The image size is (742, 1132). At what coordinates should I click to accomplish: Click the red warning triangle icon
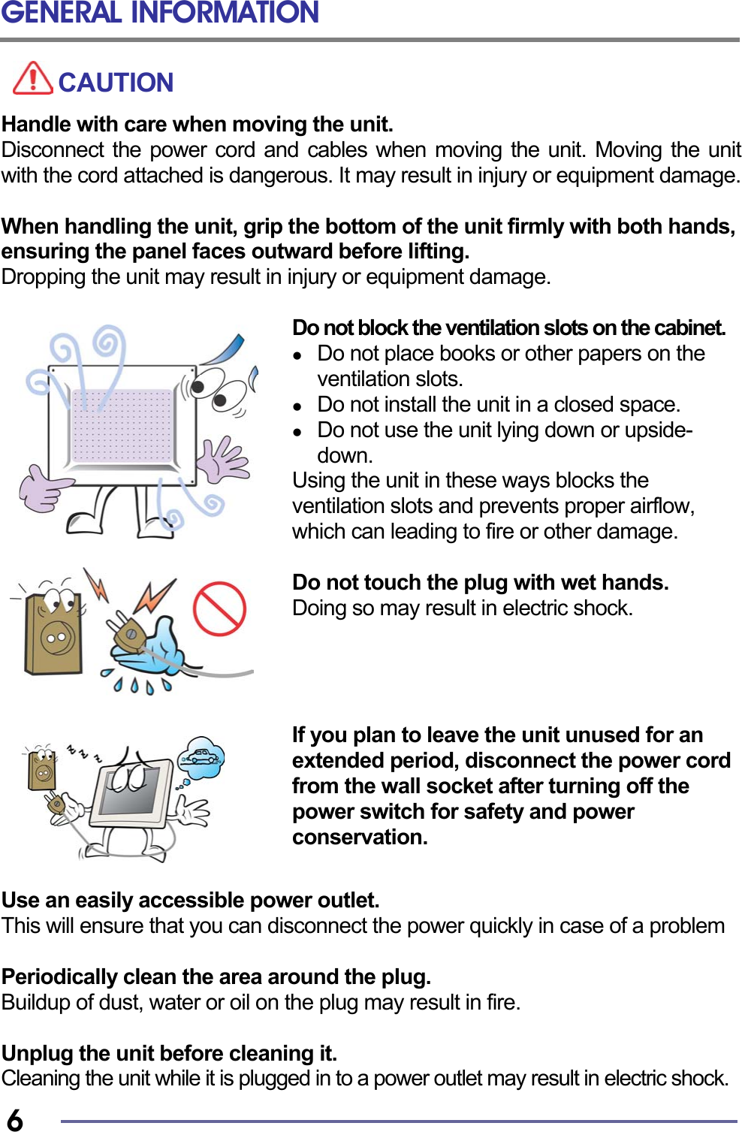tap(33, 78)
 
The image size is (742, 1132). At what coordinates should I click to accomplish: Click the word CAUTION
tap(116, 83)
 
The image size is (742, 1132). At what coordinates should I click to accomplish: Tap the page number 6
tap(14, 1119)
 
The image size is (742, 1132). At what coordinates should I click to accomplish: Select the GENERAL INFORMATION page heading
tap(160, 13)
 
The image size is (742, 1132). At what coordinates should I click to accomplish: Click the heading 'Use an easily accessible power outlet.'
tap(190, 900)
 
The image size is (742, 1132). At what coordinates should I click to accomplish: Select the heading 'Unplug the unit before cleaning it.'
tap(169, 1053)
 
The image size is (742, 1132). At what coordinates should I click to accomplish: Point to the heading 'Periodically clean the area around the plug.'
tap(216, 977)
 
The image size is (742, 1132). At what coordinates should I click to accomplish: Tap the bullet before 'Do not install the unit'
tap(298, 406)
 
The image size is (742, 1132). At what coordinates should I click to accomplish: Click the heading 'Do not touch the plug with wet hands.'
tap(480, 582)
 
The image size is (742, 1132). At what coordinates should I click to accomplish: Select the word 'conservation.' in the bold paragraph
tap(360, 837)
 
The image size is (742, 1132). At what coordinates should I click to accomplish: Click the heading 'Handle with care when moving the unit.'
tap(197, 124)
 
